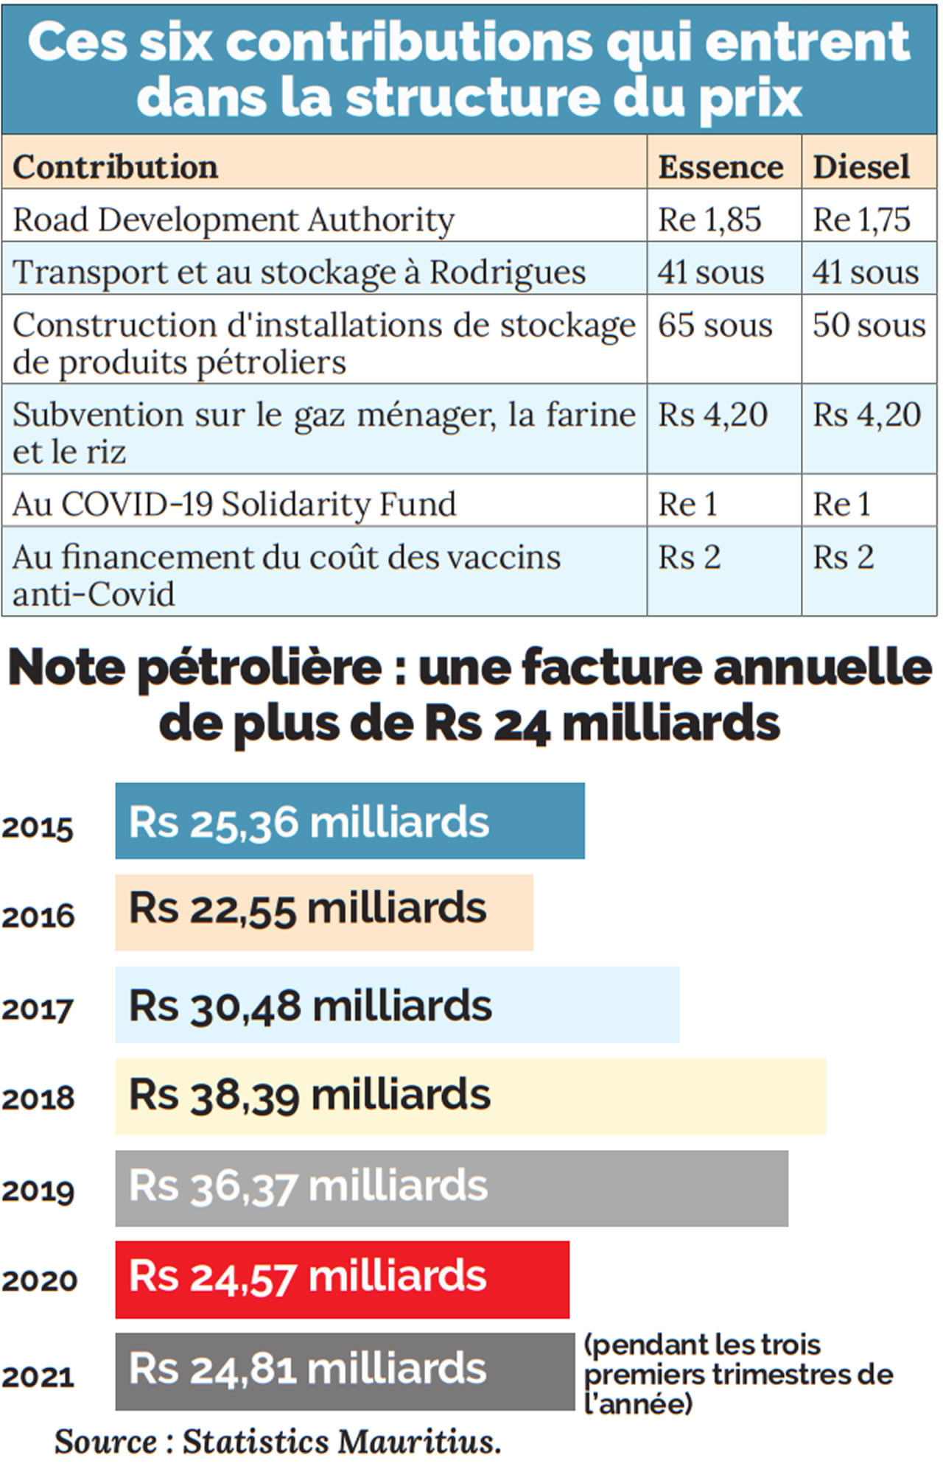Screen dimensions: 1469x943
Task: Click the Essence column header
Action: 720,167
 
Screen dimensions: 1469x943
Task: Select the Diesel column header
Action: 861,167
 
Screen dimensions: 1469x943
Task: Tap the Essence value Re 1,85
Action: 709,220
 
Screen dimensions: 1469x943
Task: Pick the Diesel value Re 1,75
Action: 861,220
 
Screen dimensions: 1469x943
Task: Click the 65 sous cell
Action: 715,325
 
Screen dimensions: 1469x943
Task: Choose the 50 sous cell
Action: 869,325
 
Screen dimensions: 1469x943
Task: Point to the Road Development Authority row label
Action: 234,220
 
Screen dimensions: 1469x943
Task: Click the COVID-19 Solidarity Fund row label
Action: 234,505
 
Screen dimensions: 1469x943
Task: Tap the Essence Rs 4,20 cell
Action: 712,415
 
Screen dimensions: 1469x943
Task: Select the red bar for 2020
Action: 342,1280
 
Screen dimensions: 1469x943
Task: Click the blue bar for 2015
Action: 349,821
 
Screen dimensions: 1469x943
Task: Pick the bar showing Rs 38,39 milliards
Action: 470,1096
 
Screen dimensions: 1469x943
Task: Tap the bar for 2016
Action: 323,912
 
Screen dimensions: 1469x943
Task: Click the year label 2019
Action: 38,1191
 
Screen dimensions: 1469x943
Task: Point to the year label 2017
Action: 38,1009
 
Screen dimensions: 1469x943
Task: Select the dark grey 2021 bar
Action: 344,1371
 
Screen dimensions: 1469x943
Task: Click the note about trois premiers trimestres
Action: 737,1374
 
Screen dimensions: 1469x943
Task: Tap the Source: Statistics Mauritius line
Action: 278,1442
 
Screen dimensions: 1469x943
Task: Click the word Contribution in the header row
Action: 115,167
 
